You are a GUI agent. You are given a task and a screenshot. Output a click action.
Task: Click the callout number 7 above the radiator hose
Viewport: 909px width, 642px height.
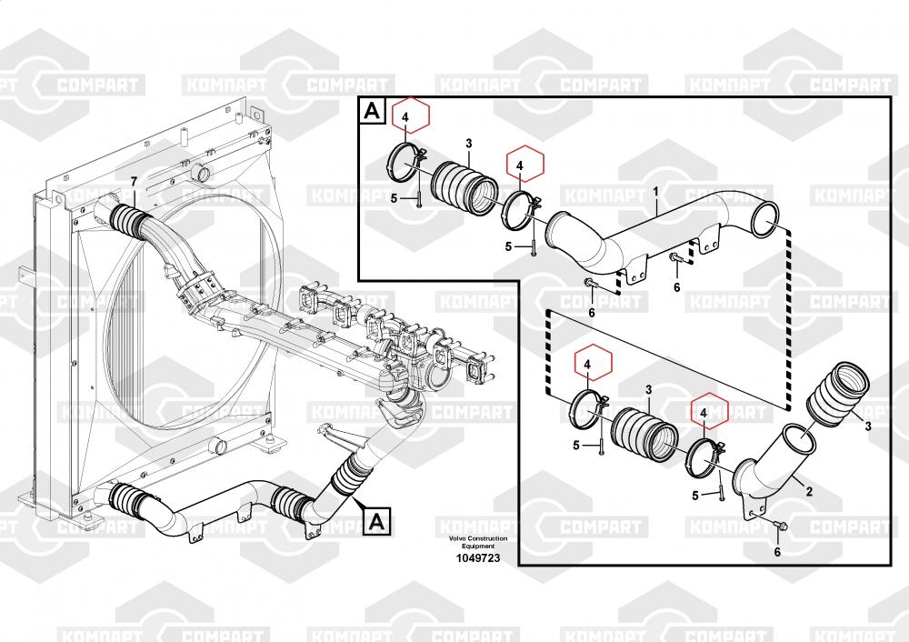click(134, 182)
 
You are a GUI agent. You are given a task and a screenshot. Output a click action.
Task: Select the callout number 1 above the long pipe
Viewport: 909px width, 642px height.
click(656, 191)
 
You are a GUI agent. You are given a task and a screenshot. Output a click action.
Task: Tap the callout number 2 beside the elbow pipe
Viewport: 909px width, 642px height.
click(809, 492)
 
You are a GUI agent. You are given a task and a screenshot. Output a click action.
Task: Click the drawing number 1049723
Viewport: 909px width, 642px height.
click(478, 558)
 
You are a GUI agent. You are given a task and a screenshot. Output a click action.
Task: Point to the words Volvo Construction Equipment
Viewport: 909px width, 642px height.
click(478, 542)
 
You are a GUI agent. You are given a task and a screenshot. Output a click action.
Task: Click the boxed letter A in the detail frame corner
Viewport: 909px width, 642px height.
click(372, 110)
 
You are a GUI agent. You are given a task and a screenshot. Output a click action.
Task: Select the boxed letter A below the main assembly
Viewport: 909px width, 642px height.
click(377, 521)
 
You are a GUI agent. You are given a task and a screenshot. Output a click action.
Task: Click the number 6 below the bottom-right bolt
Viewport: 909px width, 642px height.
click(777, 552)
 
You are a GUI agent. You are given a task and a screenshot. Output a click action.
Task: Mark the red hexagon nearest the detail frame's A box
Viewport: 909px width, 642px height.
click(411, 116)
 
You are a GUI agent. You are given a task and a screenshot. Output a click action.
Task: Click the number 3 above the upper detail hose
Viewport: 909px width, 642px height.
click(468, 144)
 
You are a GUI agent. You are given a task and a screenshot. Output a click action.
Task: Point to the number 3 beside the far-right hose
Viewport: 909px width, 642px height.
click(868, 426)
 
